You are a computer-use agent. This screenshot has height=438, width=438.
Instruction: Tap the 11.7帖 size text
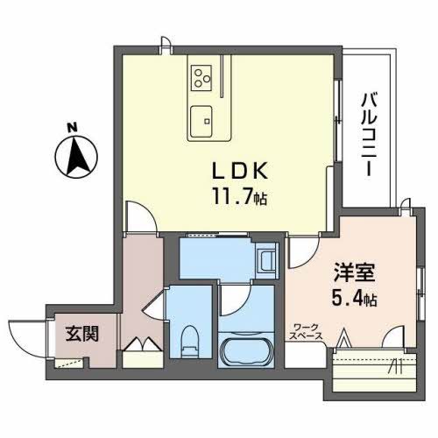click(232, 199)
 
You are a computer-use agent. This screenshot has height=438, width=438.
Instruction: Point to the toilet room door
click(152, 302)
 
